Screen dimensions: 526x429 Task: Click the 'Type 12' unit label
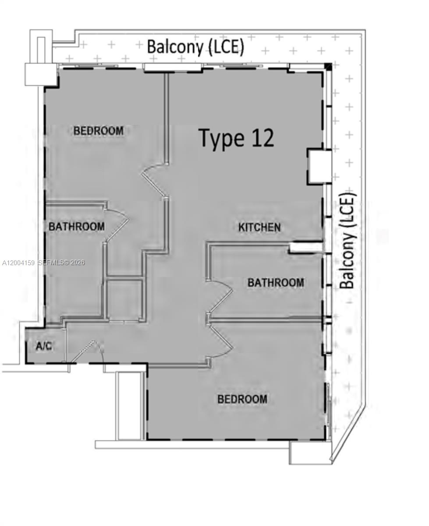(x=237, y=138)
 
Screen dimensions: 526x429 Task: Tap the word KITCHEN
(x=259, y=227)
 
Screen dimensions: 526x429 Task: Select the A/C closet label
(x=44, y=346)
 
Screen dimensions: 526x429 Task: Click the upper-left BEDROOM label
(x=99, y=131)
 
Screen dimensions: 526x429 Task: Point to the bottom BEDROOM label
(x=242, y=399)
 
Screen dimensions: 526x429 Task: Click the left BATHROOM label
(x=77, y=227)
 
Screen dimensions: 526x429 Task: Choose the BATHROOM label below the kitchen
(x=276, y=283)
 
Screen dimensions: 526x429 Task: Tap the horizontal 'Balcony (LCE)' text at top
(x=195, y=46)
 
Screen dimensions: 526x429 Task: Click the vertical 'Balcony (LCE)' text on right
(x=347, y=241)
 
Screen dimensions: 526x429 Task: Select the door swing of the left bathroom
(x=117, y=224)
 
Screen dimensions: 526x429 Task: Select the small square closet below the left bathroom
(x=124, y=299)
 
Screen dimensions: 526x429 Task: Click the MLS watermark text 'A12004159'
(x=18, y=263)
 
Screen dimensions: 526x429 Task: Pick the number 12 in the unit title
(x=262, y=138)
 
